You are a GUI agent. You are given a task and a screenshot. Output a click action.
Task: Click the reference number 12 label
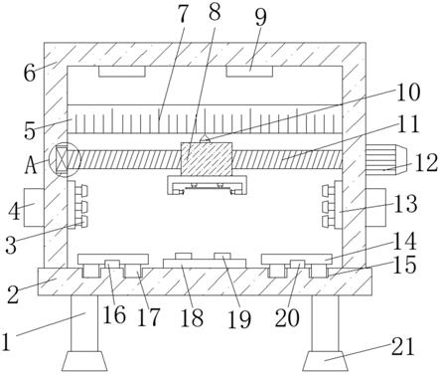point(426,163)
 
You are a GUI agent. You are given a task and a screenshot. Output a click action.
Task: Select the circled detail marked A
point(65,160)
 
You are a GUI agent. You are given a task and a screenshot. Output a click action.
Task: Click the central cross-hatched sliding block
point(206,158)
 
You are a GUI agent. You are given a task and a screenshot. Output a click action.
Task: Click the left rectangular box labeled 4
point(34,207)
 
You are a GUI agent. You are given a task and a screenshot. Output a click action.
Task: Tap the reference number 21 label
point(402,347)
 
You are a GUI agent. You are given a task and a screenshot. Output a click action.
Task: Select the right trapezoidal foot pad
point(325,361)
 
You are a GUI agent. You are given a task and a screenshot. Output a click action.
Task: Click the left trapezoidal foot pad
point(84,361)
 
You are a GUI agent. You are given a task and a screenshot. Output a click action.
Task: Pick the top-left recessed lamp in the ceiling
point(122,72)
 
